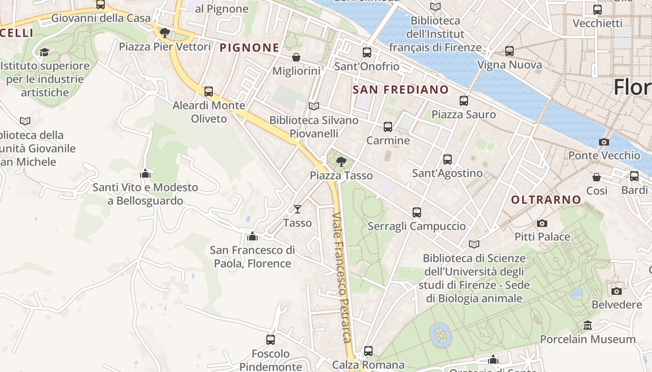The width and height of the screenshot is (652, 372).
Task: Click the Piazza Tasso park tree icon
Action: coord(341,162)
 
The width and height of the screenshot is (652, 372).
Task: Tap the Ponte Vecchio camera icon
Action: coord(604,142)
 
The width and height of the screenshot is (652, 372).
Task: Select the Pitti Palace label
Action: coord(542,237)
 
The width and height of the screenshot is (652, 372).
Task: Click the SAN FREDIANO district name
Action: coord(401,90)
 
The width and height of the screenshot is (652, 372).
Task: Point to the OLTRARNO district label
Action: coord(546,200)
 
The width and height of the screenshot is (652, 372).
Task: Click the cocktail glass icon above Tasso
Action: coord(298,209)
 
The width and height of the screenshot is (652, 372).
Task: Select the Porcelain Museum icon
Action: coord(588,325)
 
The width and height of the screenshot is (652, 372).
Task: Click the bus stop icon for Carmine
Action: coord(387,127)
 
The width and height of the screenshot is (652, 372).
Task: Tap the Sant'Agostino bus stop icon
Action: coord(447,159)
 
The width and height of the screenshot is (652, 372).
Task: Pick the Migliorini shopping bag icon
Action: coord(296,57)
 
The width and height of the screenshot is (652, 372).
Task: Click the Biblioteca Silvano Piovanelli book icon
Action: coord(314,106)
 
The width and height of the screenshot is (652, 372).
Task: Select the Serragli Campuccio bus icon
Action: coord(416,213)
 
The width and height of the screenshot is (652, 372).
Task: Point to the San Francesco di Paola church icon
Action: coord(252,236)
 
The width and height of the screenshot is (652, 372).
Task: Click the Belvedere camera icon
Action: coord(617,291)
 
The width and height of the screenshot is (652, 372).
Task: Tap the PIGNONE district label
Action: coord(249,47)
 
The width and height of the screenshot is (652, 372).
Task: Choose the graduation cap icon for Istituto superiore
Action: coord(44,52)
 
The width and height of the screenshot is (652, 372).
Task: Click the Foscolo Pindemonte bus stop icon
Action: coord(271,340)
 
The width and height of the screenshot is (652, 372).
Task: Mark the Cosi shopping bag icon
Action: coord(597,177)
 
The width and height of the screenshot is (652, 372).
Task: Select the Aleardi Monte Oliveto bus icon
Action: coord(209,92)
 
